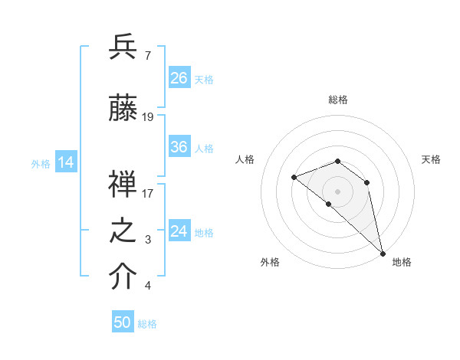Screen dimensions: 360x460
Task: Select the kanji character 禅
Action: pyautogui.click(x=123, y=184)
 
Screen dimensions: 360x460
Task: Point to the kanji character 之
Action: pyautogui.click(x=123, y=231)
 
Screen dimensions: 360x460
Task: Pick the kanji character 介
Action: pyautogui.click(x=123, y=277)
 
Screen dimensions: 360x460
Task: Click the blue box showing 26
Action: pyautogui.click(x=179, y=78)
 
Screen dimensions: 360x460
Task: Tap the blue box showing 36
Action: pyautogui.click(x=179, y=147)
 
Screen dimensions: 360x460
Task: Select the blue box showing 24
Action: pyautogui.click(x=179, y=231)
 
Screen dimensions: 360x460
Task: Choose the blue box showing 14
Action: pyautogui.click(x=66, y=162)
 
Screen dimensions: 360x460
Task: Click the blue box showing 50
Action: pyautogui.click(x=123, y=322)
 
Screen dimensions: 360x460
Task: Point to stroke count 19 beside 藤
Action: pyautogui.click(x=148, y=117)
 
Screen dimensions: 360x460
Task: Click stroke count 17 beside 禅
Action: pyautogui.click(x=148, y=193)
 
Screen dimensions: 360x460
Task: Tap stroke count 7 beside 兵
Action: pyautogui.click(x=147, y=55)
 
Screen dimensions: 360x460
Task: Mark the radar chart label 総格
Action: pyautogui.click(x=338, y=100)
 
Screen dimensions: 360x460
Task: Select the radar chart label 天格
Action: pyautogui.click(x=431, y=159)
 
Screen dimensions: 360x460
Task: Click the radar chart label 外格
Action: pyautogui.click(x=270, y=262)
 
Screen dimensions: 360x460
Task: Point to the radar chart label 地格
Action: pyautogui.click(x=402, y=262)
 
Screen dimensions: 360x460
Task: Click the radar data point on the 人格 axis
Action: pyautogui.click(x=294, y=178)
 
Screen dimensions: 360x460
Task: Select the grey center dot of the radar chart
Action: pyautogui.click(x=337, y=191)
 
